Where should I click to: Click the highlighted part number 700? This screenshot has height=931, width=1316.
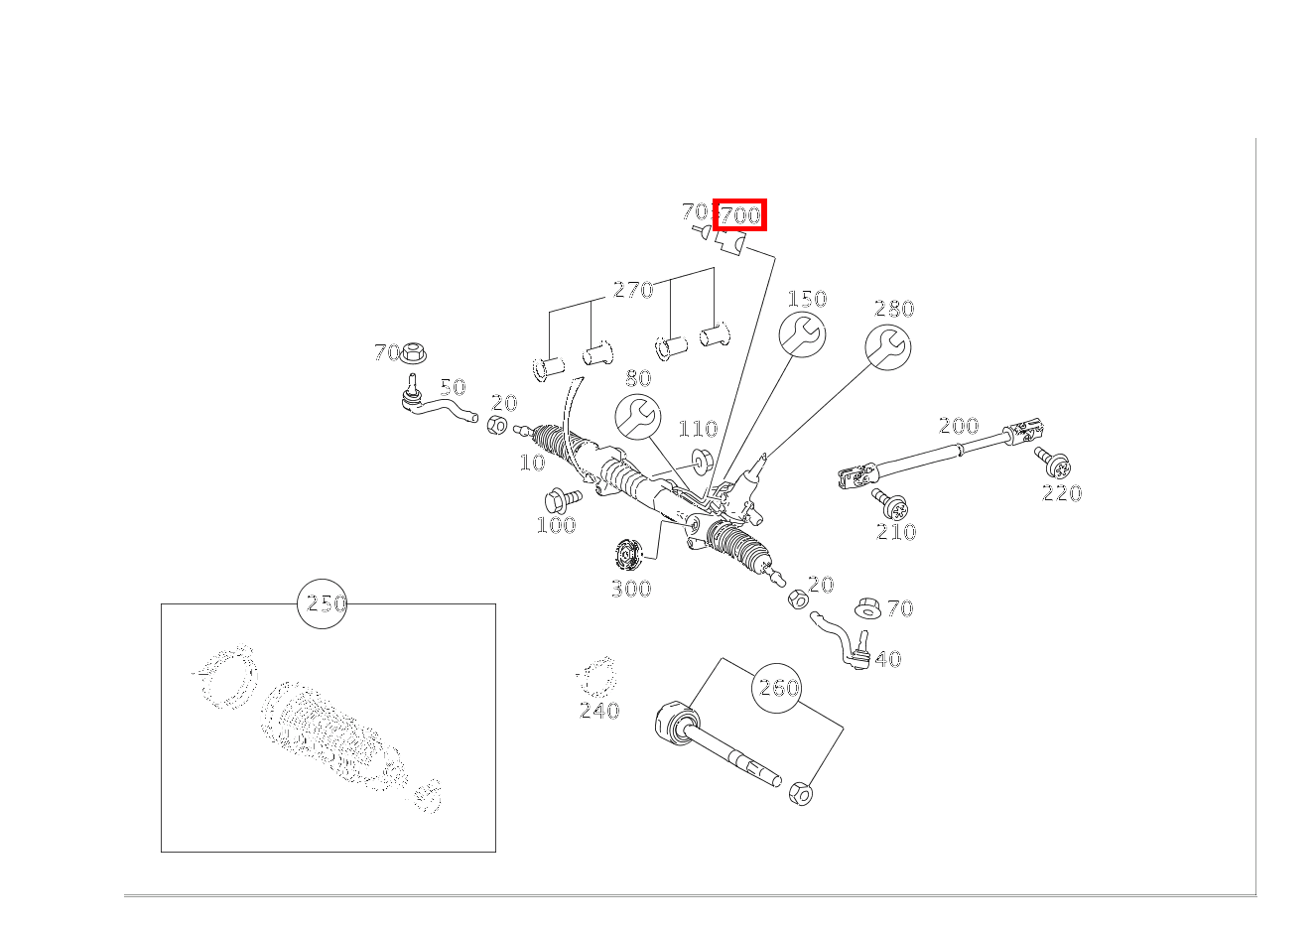[739, 214]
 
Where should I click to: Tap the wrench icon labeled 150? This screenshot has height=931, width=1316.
[801, 334]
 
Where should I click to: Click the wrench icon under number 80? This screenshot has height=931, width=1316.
[637, 416]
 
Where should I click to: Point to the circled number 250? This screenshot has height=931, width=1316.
[323, 603]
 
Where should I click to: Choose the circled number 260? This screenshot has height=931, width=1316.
[777, 688]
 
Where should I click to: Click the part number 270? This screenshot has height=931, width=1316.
[632, 290]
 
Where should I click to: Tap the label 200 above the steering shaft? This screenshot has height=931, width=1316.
[959, 426]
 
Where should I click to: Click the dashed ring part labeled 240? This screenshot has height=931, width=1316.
[596, 678]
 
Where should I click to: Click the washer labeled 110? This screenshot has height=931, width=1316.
[701, 460]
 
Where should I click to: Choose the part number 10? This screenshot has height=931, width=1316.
[532, 463]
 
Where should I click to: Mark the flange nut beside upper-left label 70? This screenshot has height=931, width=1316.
[413, 351]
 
